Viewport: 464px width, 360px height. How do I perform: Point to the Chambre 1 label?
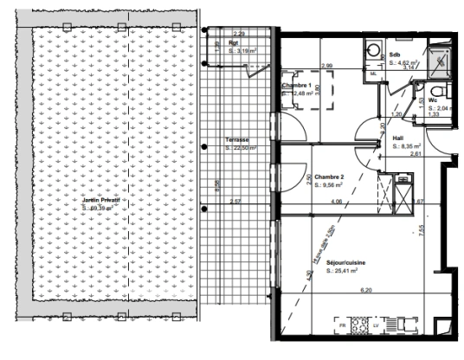tap(297, 87)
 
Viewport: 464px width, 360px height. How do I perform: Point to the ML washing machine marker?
tap(373, 74)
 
